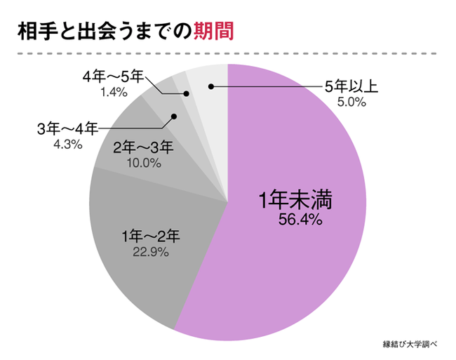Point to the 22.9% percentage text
[151, 250]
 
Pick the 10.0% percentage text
[143, 163]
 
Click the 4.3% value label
[68, 145]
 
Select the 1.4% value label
[113, 91]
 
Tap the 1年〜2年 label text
[151, 234]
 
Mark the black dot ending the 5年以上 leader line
[210, 87]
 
